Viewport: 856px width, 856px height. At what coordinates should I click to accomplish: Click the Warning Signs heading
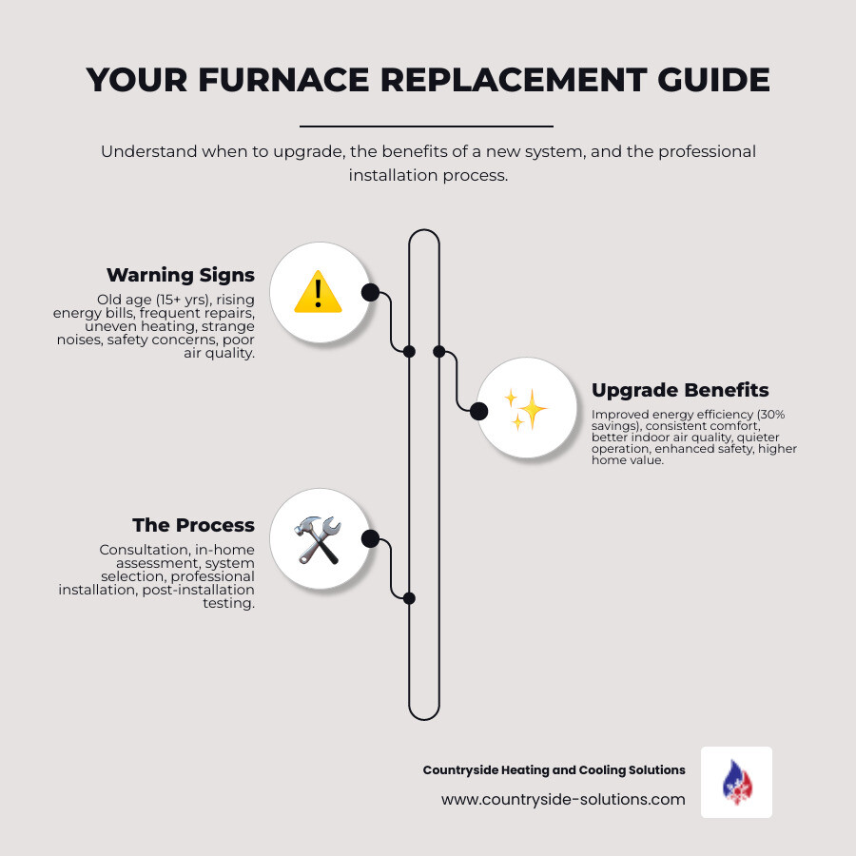180,275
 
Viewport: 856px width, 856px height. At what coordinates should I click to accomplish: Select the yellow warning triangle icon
318,291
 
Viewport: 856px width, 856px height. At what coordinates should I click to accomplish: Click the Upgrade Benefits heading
680,390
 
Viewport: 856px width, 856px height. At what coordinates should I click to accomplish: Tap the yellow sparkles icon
524,409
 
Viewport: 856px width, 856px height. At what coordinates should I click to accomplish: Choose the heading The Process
193,525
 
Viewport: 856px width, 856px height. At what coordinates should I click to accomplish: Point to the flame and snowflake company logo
736,782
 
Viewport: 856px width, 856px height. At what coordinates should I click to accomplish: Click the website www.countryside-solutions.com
563,799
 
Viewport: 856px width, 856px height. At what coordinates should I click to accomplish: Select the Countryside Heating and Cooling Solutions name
554,769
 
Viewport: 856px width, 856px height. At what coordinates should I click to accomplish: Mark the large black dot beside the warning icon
370,292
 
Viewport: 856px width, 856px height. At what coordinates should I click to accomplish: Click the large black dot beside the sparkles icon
478,411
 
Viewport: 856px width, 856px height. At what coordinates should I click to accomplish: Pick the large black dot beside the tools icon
370,539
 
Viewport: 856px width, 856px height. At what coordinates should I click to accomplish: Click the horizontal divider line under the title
426,126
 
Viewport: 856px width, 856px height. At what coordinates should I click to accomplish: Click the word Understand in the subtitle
146,152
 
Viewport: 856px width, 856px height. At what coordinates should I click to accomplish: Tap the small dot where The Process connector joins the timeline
409,598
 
